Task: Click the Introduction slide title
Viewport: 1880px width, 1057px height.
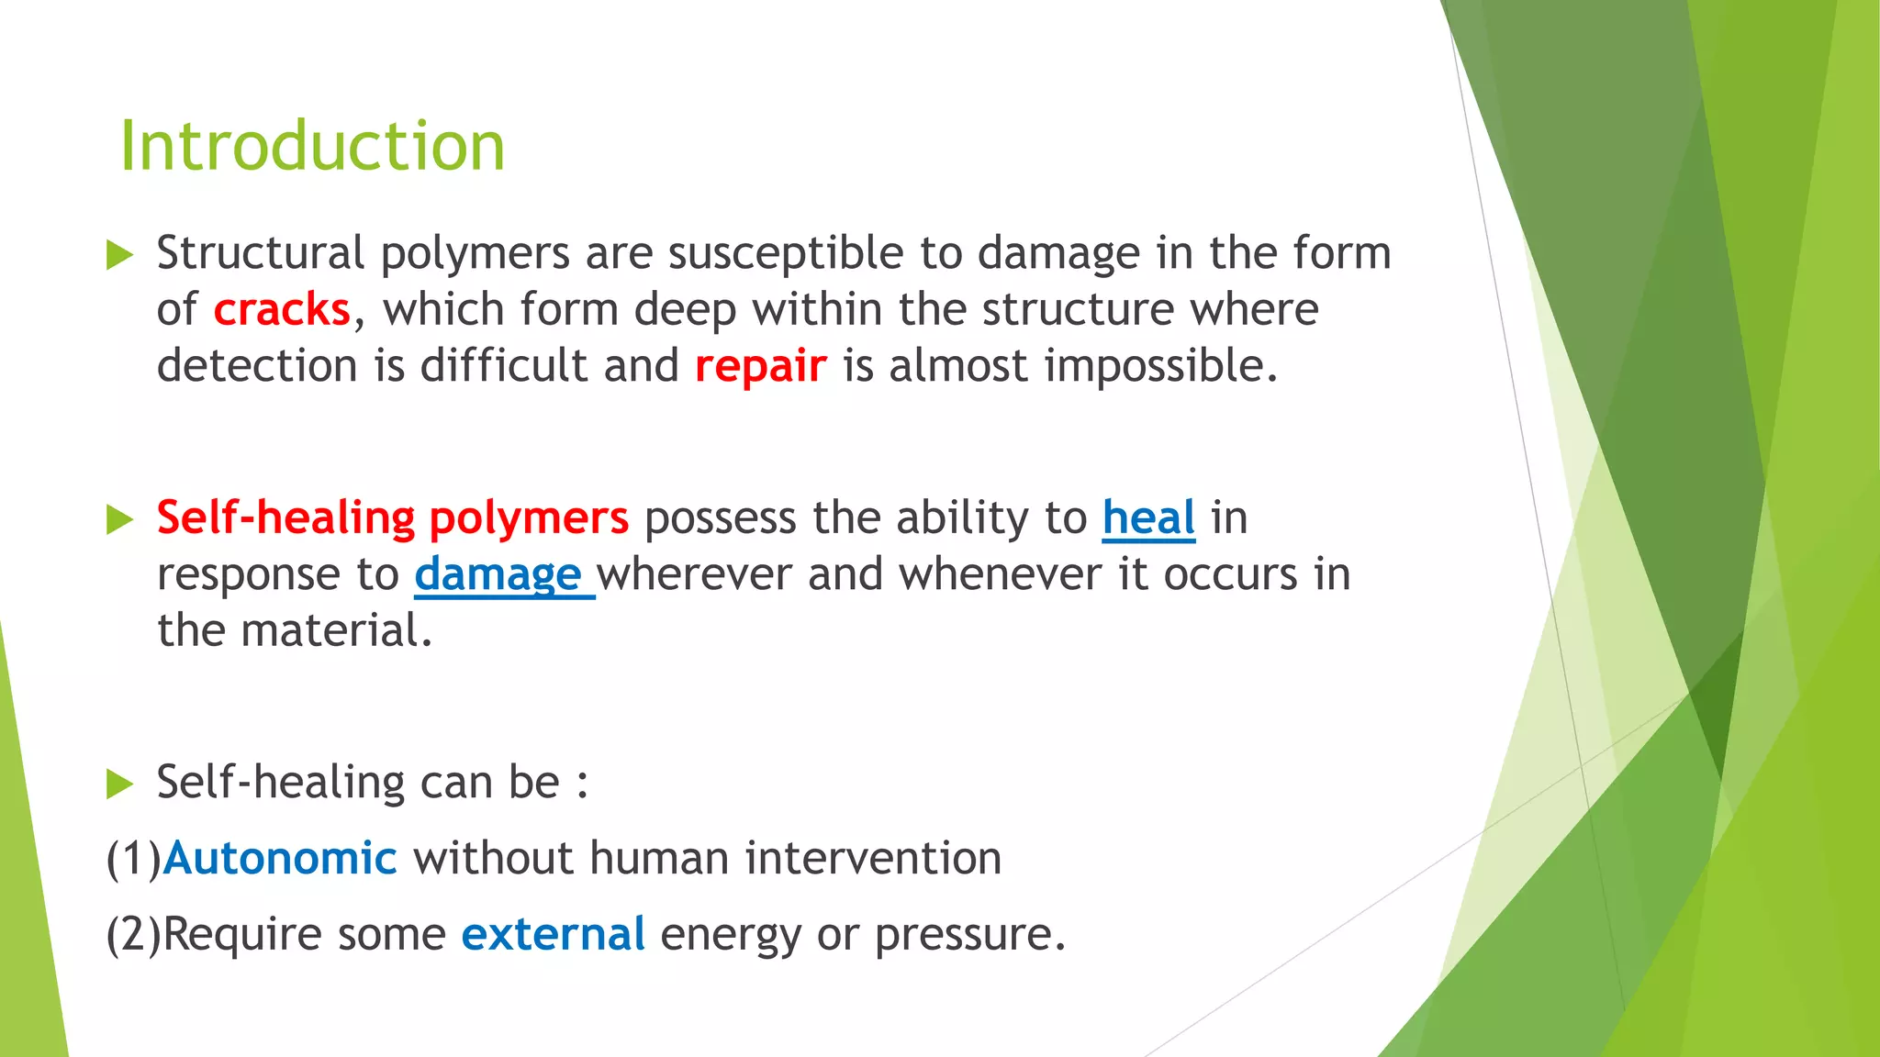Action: (312, 147)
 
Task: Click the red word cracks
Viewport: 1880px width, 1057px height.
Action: (282, 310)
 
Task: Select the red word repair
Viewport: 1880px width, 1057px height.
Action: (760, 367)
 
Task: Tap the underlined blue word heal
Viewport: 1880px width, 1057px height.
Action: (1148, 517)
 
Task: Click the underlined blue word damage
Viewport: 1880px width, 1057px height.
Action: (498, 575)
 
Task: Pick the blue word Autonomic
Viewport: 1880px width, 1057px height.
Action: (280, 859)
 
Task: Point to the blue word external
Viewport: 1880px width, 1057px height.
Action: (553, 935)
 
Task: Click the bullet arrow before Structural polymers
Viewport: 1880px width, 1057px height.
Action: (119, 255)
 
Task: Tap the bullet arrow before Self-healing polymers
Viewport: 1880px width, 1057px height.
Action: (119, 519)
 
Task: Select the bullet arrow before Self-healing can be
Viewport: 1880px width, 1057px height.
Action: (119, 784)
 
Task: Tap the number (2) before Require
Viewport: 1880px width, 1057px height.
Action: (134, 935)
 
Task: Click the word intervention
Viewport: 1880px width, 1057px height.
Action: (872, 859)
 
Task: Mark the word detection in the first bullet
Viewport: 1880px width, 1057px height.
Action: (257, 366)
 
